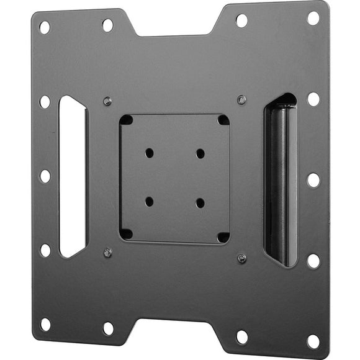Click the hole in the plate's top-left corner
click(45, 27)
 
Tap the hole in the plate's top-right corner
click(313, 18)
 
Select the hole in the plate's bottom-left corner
click(45, 325)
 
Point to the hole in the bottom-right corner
click(313, 341)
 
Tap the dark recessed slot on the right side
click(280, 180)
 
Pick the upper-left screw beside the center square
click(107, 101)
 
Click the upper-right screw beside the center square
click(241, 99)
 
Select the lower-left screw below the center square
click(107, 253)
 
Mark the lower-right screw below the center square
click(241, 258)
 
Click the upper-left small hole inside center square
click(150, 152)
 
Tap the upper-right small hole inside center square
click(200, 153)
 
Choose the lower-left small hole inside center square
click(150, 202)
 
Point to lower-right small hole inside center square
click(200, 203)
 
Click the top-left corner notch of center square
click(126, 120)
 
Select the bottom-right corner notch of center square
click(222, 236)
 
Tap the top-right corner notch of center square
click(223, 120)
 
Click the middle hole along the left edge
click(45, 176)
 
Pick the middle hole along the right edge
click(313, 180)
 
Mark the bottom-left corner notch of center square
click(126, 234)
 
